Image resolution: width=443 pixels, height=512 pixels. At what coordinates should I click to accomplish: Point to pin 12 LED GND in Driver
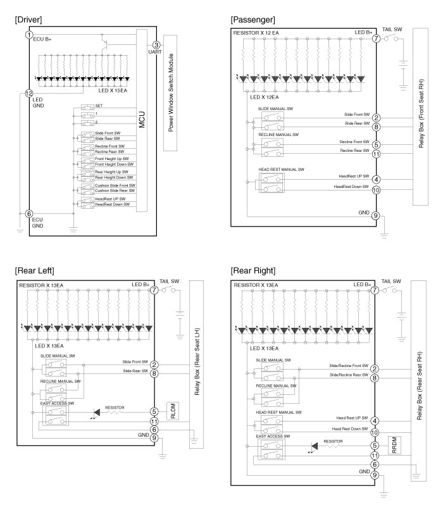click(x=28, y=93)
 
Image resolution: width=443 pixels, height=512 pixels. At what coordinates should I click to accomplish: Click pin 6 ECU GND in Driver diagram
click(x=28, y=214)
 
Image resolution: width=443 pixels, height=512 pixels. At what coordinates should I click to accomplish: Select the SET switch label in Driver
click(x=99, y=106)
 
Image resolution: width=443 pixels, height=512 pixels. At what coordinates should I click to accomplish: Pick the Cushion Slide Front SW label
click(x=115, y=185)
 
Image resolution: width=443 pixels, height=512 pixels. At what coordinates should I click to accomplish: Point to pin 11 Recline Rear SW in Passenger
click(x=376, y=153)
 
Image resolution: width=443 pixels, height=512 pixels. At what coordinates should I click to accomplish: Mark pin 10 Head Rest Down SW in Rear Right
click(x=375, y=433)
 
